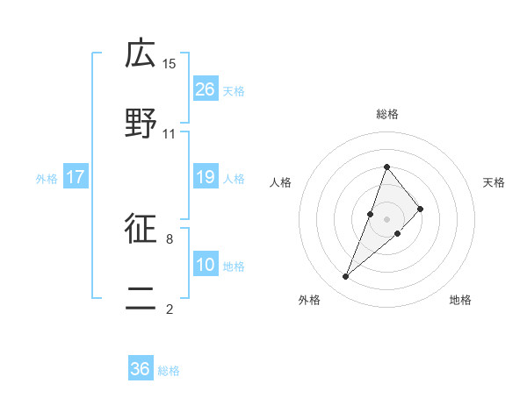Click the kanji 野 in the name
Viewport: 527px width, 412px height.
pos(141,125)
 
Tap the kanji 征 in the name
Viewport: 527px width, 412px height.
pos(141,230)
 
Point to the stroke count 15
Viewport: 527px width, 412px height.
pos(170,63)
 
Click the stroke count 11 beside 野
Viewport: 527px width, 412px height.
pos(170,134)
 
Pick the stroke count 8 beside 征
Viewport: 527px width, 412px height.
pos(170,238)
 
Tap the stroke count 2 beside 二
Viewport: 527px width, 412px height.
pos(170,309)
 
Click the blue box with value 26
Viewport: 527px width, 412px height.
pos(206,89)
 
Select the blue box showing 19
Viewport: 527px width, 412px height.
pos(206,178)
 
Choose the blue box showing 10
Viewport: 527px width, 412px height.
pos(206,265)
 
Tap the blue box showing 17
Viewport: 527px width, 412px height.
pos(76,178)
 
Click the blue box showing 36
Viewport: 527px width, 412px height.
pos(141,369)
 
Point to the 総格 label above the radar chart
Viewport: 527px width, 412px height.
pos(386,114)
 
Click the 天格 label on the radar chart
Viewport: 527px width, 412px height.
pos(494,182)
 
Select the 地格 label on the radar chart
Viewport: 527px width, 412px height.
pos(460,300)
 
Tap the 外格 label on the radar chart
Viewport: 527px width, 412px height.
pos(309,300)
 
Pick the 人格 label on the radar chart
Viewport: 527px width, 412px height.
pos(280,182)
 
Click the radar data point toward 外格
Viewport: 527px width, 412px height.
pos(345,277)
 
